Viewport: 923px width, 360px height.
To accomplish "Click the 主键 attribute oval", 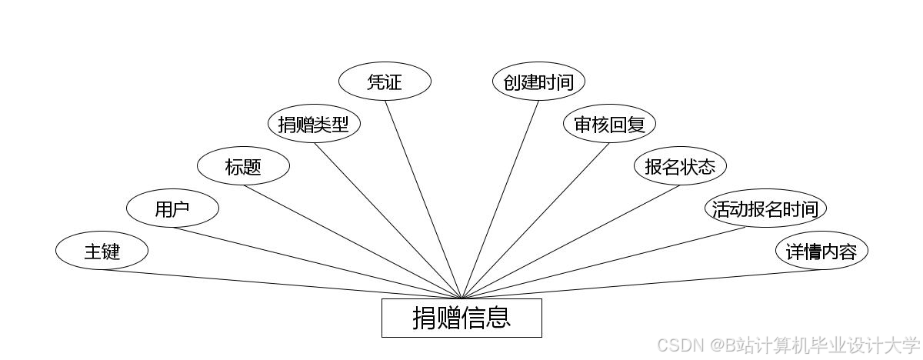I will pyautogui.click(x=102, y=251).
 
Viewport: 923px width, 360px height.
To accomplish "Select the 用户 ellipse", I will pyautogui.click(x=172, y=208).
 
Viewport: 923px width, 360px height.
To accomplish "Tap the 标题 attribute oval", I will pyautogui.click(x=243, y=166).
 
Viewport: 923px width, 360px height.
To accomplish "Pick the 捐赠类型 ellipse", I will pyautogui.click(x=314, y=124).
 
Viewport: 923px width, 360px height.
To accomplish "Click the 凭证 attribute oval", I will pyautogui.click(x=385, y=82).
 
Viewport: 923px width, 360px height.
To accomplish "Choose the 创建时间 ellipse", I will pyautogui.click(x=538, y=82).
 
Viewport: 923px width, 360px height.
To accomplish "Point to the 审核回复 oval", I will pyautogui.click(x=609, y=124).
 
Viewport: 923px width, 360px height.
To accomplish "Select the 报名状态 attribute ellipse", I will pyautogui.click(x=680, y=166).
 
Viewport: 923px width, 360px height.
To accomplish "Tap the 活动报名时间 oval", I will pyautogui.click(x=766, y=208).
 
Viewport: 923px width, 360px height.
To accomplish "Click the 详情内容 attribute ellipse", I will pyautogui.click(x=821, y=251).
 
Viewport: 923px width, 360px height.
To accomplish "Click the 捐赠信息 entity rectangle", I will pyautogui.click(x=461, y=318).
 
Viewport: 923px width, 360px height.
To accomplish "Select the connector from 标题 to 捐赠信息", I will pyautogui.click(x=352, y=242).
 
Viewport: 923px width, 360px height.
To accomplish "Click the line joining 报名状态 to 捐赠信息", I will pyautogui.click(x=571, y=242).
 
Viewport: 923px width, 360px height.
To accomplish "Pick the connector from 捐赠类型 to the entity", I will pyautogui.click(x=388, y=220).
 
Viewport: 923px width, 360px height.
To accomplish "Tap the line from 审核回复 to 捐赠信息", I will pyautogui.click(x=535, y=220).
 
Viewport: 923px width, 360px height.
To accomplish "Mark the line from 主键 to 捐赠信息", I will pyautogui.click(x=282, y=284).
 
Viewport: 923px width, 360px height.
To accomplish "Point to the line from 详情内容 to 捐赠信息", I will pyautogui.click(x=641, y=284).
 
